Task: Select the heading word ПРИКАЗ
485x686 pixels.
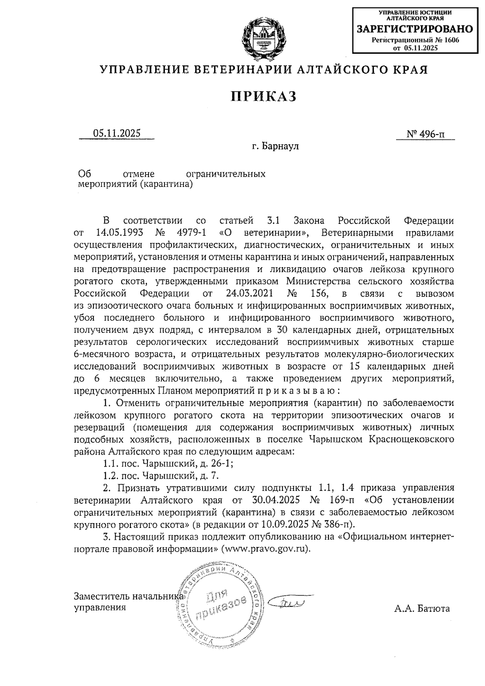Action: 264,96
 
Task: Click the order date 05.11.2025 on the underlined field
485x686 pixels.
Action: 117,133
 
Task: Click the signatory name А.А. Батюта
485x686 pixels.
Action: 422,608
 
